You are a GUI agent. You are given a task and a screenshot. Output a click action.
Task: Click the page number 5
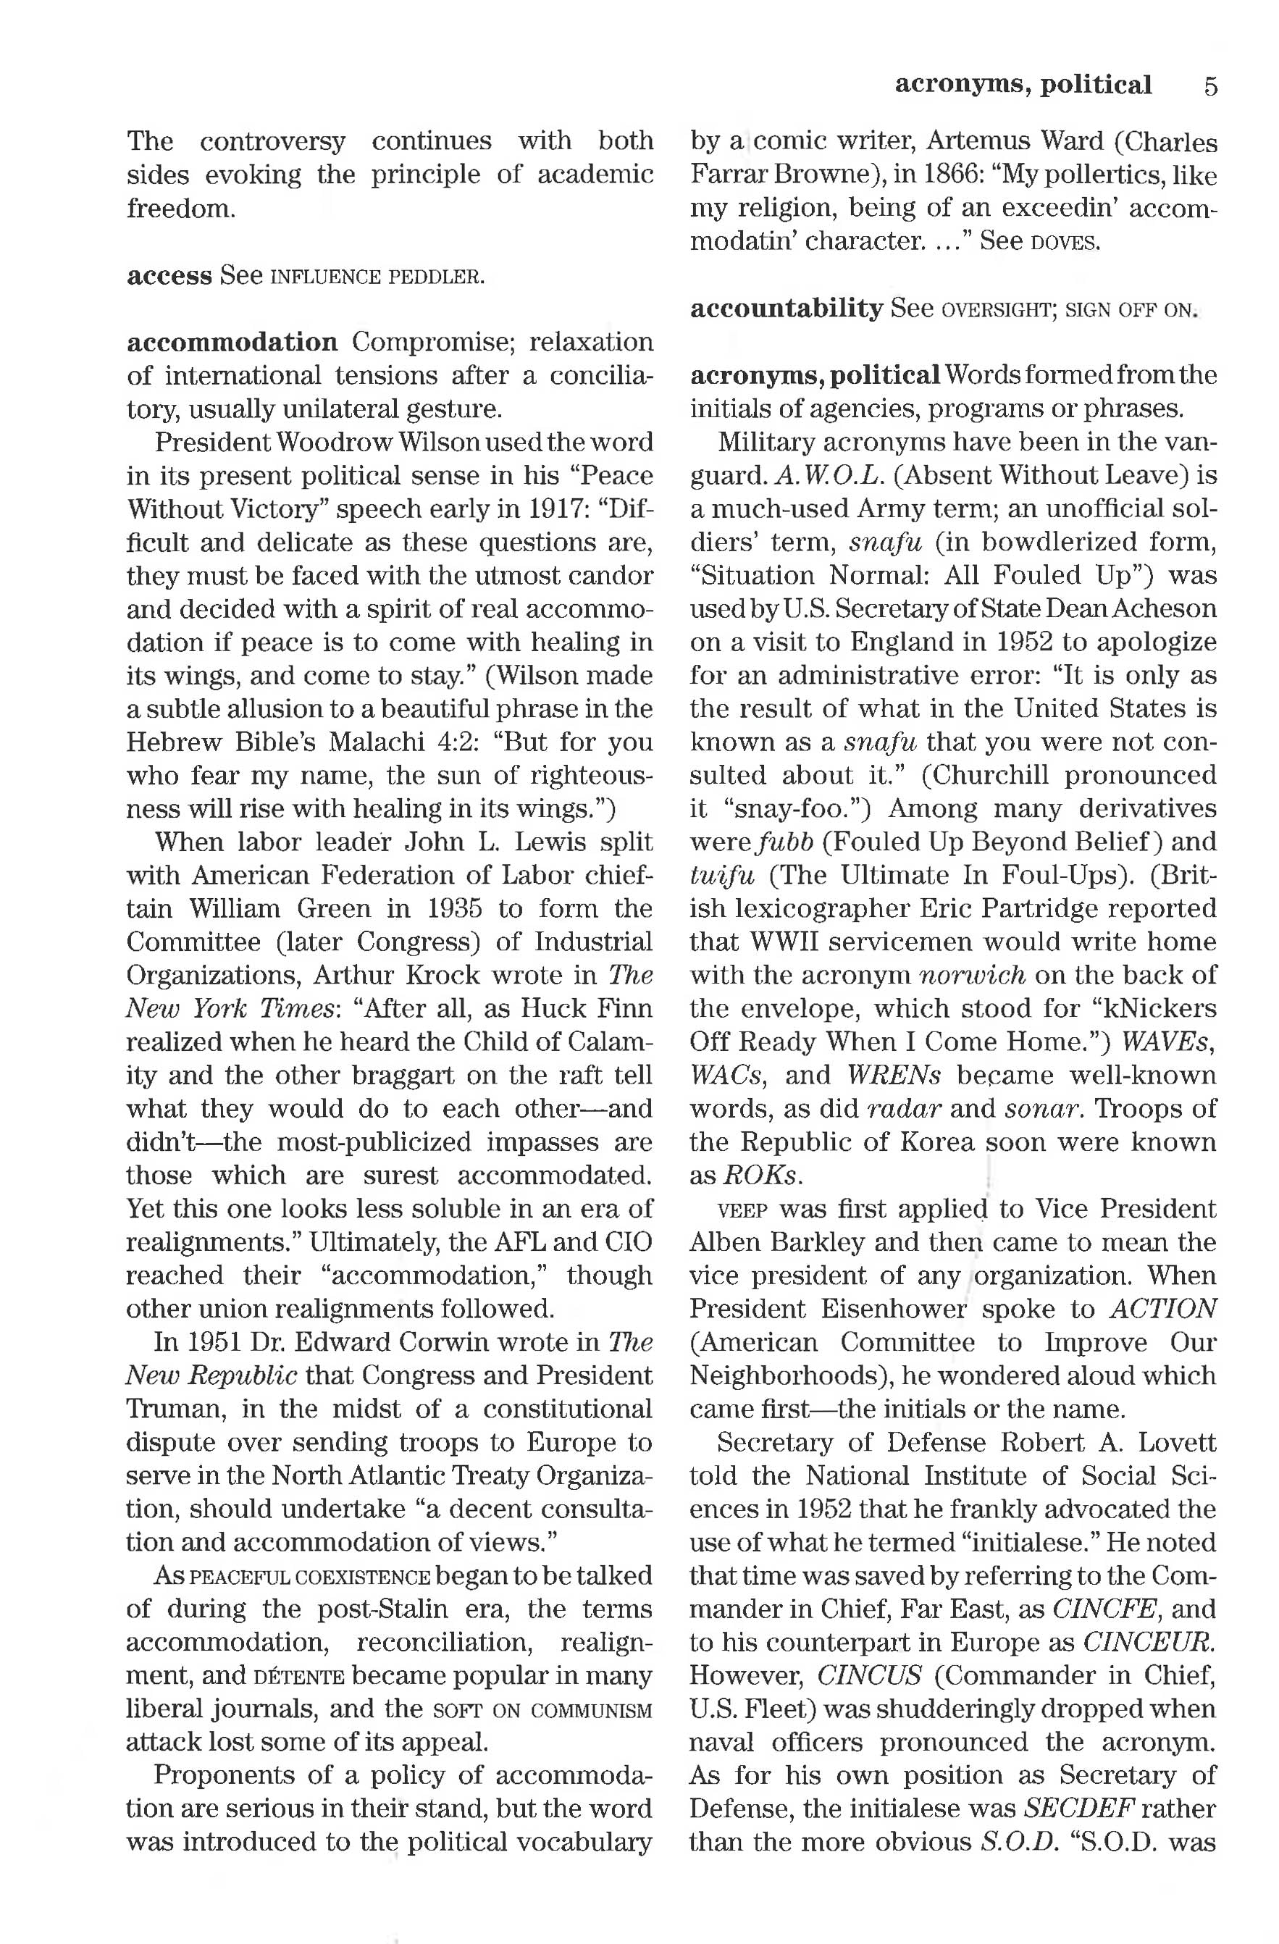pos(1209,85)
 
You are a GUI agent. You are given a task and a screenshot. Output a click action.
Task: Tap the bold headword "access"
pos(169,275)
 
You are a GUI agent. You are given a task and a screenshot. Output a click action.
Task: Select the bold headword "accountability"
pos(786,309)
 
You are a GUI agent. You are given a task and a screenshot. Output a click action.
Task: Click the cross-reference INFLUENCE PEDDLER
pos(377,277)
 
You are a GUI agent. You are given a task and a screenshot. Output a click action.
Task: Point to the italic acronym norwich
pos(972,976)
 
